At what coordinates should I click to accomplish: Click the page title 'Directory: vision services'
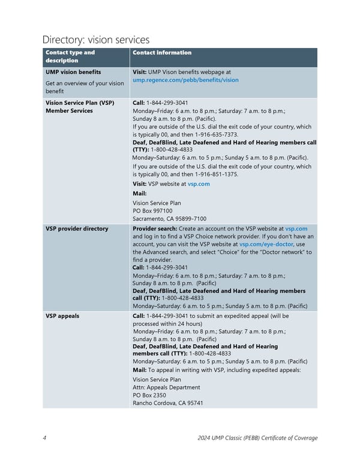click(96, 40)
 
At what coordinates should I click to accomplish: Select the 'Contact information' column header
click(162, 53)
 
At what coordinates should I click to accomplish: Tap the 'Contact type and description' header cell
click(70, 56)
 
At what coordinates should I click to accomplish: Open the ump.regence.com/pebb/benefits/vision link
click(185, 80)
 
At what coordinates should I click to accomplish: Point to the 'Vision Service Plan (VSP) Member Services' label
click(80, 106)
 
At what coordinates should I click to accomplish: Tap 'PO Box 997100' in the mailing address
click(152, 211)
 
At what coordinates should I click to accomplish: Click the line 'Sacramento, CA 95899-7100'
click(169, 219)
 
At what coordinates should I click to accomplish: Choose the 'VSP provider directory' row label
click(77, 229)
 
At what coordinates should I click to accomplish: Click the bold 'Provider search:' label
click(154, 229)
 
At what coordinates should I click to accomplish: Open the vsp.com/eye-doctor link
click(266, 244)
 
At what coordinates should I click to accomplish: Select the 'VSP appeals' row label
click(62, 316)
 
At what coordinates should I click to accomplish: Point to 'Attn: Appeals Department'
click(166, 387)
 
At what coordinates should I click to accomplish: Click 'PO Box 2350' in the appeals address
click(149, 395)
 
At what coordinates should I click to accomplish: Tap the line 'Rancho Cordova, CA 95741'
click(167, 403)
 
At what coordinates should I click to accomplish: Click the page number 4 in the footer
click(45, 438)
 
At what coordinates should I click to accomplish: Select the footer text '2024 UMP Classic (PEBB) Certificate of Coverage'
click(257, 438)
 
